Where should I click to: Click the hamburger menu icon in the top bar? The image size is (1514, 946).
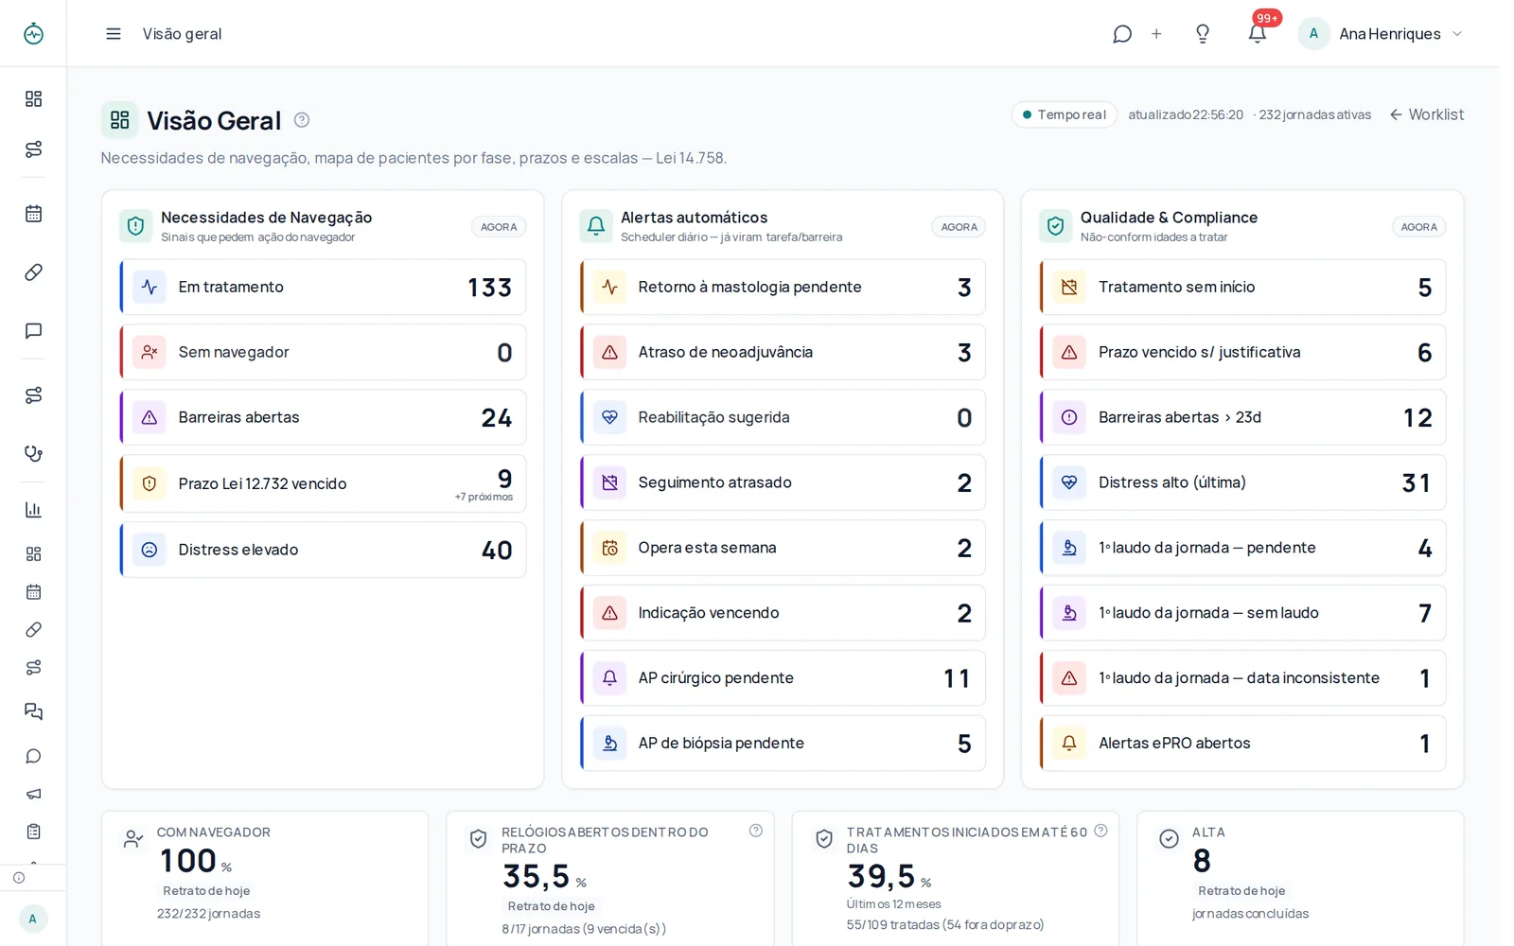click(x=114, y=34)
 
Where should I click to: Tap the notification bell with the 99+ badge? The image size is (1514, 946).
click(x=1258, y=33)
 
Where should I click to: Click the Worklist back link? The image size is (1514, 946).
click(x=1427, y=114)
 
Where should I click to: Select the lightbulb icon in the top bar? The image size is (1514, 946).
click(x=1203, y=34)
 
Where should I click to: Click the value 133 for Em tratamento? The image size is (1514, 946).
click(x=490, y=288)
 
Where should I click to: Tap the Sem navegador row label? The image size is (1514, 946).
click(x=234, y=352)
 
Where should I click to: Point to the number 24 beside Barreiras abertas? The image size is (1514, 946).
click(x=497, y=417)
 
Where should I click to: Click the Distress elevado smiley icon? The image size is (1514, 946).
click(x=150, y=550)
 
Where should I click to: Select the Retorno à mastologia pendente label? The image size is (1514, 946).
click(x=749, y=288)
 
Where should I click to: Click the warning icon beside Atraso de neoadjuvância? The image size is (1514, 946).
click(x=609, y=352)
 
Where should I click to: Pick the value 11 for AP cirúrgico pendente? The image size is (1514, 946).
click(x=957, y=678)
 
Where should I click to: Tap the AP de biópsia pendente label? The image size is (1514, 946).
click(x=721, y=744)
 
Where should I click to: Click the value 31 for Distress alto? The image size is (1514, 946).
click(x=1417, y=483)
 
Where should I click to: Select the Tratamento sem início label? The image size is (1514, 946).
click(x=1176, y=288)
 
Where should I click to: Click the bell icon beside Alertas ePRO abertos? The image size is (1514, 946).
click(x=1069, y=744)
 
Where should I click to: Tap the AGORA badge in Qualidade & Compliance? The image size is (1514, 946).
click(x=1418, y=227)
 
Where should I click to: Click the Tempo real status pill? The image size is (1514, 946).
click(x=1064, y=114)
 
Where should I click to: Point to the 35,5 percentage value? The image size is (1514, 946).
click(x=537, y=877)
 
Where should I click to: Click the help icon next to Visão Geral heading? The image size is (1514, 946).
click(x=302, y=120)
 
